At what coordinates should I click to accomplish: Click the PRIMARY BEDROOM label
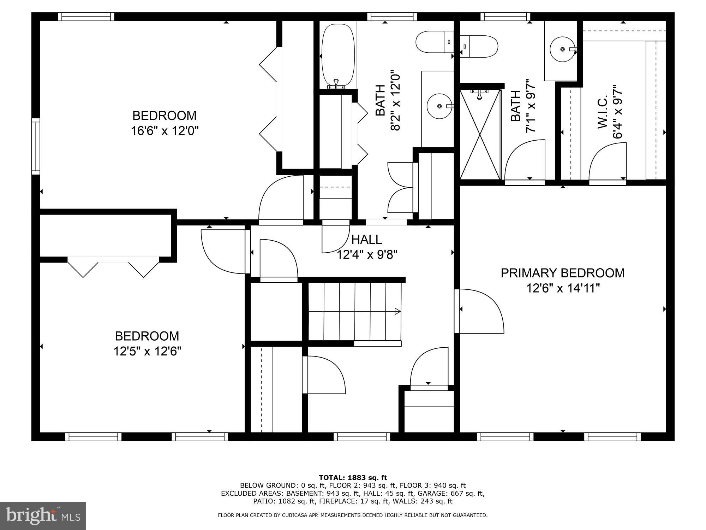pos(562,273)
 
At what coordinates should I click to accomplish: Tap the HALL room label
pos(367,240)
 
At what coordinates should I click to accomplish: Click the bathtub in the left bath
pos(338,55)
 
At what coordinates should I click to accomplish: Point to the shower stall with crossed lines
pos(480,134)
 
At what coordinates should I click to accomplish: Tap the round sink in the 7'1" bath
pos(562,49)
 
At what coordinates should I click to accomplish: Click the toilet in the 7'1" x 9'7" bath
pos(479,46)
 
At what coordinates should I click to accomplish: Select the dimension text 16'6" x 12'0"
pos(165,131)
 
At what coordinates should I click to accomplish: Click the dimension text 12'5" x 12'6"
pos(147,351)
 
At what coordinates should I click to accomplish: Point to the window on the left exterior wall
pos(36,146)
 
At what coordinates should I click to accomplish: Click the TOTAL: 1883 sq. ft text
pos(353,478)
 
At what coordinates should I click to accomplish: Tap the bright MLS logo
pos(43,516)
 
